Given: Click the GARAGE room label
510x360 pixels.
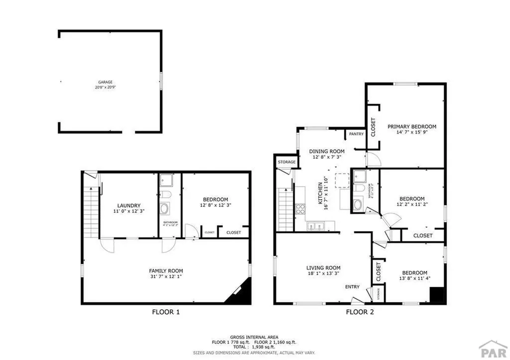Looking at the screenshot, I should [x=105, y=82].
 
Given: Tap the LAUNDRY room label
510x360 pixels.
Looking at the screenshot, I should [x=128, y=206].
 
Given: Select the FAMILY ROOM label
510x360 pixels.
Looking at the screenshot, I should [x=166, y=271].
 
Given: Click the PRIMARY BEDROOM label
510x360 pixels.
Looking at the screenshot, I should [x=412, y=126].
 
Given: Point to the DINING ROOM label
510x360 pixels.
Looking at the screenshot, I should [x=327, y=151].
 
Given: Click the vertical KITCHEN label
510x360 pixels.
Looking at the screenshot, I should [x=319, y=194].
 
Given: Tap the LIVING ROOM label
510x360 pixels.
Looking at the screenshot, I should [x=323, y=267].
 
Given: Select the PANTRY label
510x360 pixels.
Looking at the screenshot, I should [x=356, y=134].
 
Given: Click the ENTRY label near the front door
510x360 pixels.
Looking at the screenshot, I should [x=352, y=287].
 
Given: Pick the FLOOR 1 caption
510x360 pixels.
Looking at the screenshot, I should [x=165, y=312].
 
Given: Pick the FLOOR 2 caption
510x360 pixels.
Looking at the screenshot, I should [x=360, y=312].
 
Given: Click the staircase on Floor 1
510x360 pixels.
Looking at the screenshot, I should [x=91, y=209].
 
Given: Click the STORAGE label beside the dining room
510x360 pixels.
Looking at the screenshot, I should [x=286, y=162].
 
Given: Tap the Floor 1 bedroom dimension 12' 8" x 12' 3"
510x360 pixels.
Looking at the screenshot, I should [x=215, y=205].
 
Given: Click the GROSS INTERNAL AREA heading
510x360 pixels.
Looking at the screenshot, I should [x=255, y=337].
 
